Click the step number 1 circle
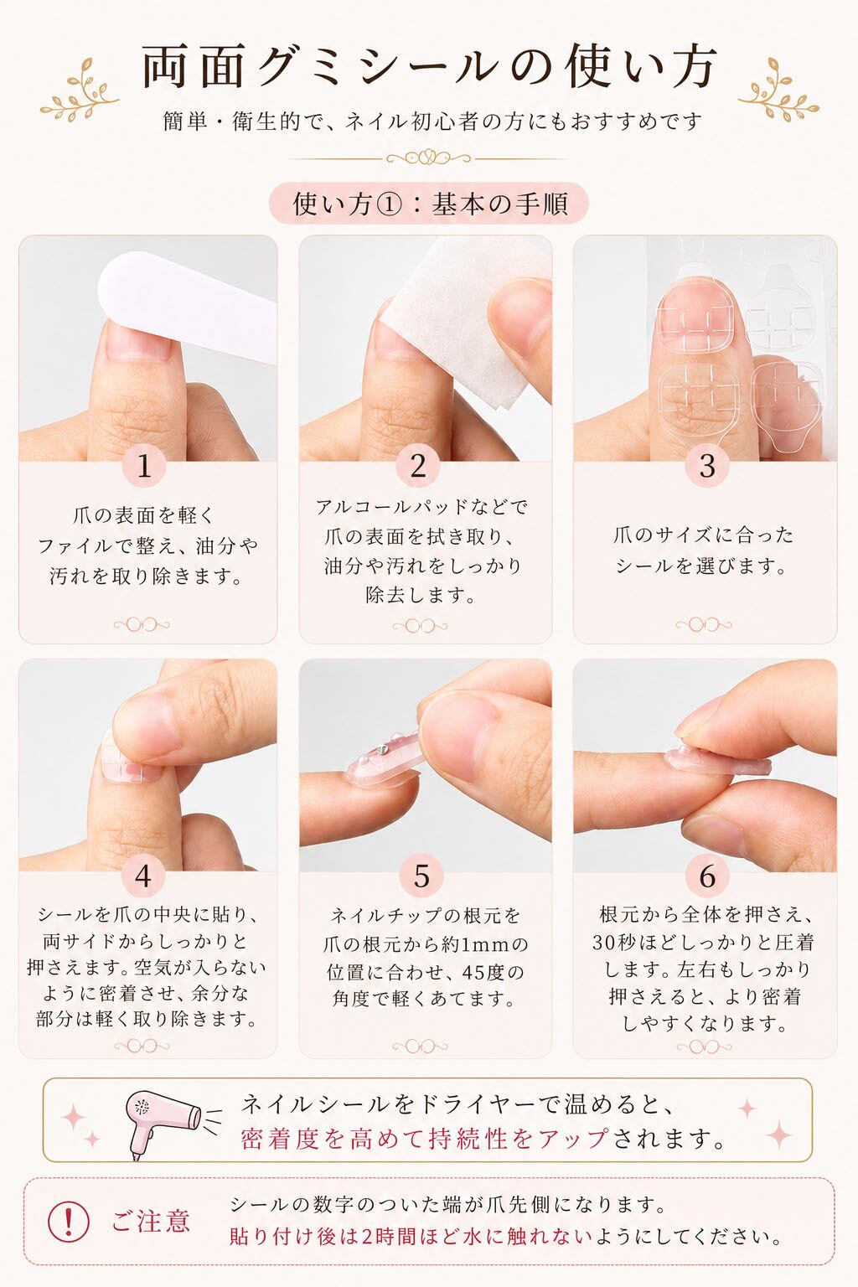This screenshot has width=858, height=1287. [x=144, y=465]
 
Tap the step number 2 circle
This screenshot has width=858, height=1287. [x=418, y=465]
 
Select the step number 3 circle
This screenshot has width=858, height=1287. [x=707, y=465]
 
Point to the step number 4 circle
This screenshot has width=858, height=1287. [x=143, y=876]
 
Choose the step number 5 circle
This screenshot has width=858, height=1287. [x=421, y=876]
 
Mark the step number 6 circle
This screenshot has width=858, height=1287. [x=707, y=876]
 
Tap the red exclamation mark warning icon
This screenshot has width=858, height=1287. [x=69, y=1220]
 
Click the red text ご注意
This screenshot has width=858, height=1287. [x=151, y=1220]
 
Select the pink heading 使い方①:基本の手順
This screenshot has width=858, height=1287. [x=429, y=204]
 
